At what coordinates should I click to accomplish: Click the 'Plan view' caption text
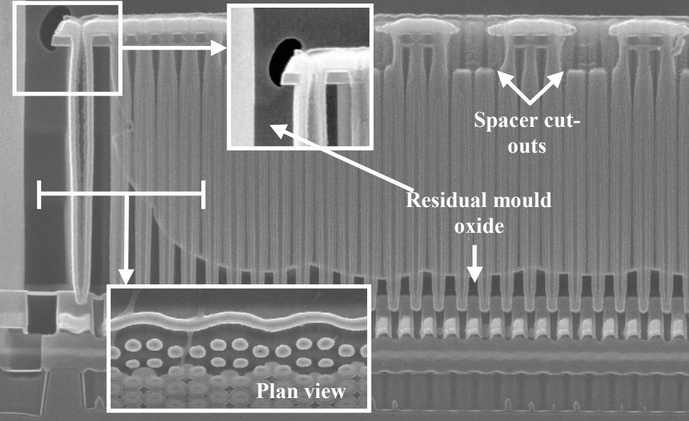point(300,391)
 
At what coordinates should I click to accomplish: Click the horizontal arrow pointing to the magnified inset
point(174,47)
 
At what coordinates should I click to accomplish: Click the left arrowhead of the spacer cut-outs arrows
point(502,75)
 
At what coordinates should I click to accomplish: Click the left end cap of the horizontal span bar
point(40,194)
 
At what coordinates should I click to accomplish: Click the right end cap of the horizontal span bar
point(203,194)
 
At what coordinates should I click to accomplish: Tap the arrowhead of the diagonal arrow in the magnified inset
point(276,128)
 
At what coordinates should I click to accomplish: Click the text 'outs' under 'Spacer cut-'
point(527,146)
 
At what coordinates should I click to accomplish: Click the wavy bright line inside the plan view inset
point(237,325)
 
